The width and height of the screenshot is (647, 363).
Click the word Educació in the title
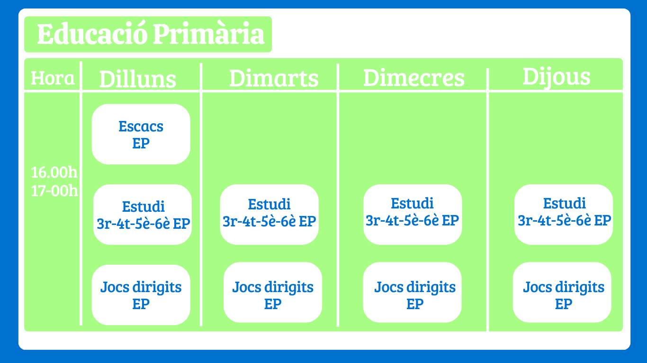point(92,34)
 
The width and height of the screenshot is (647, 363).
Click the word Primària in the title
point(209,34)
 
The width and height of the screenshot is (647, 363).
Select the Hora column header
point(53,78)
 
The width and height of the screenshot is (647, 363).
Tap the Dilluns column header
point(138,79)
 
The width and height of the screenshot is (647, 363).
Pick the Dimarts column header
point(274,78)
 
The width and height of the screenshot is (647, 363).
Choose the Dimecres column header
point(414,78)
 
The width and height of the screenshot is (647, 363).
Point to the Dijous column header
point(557,77)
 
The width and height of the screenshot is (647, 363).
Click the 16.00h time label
point(54,172)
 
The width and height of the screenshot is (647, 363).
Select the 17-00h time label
point(54,190)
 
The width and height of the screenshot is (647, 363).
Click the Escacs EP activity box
point(141,134)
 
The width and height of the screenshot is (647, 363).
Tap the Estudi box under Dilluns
point(143,215)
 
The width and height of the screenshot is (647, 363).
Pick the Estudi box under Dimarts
point(269,215)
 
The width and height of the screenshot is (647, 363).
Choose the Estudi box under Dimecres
point(413,215)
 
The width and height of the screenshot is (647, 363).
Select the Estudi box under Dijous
point(564,215)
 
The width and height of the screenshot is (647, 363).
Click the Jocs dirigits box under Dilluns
point(141,295)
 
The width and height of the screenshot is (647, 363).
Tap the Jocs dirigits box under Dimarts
point(273,293)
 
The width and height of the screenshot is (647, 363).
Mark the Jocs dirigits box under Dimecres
point(412,293)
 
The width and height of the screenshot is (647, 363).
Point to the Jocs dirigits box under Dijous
point(562,293)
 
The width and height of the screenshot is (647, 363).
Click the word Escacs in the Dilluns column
point(141,126)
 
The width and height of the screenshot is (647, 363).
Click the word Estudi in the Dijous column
point(565,203)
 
